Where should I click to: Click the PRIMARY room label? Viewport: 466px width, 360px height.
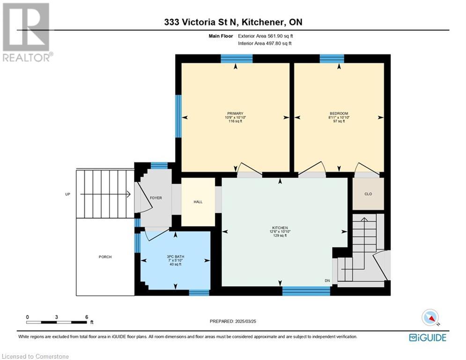pyautogui.click(x=235, y=113)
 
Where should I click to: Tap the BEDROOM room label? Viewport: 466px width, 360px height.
pyautogui.click(x=339, y=113)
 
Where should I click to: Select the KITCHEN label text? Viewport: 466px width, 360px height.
pyautogui.click(x=280, y=228)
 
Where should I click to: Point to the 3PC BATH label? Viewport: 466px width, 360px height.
pyautogui.click(x=175, y=256)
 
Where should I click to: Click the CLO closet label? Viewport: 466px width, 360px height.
pyautogui.click(x=368, y=194)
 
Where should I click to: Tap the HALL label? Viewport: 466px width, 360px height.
pyautogui.click(x=198, y=202)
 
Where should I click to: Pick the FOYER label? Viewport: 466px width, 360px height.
pyautogui.click(x=156, y=198)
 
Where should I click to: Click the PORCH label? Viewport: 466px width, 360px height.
pyautogui.click(x=105, y=257)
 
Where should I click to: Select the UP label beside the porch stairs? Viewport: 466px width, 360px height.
pyautogui.click(x=68, y=194)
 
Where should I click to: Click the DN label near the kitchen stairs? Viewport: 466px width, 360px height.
pyautogui.click(x=327, y=281)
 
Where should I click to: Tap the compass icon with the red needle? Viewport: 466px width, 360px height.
pyautogui.click(x=430, y=317)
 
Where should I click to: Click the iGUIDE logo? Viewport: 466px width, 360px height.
pyautogui.click(x=428, y=337)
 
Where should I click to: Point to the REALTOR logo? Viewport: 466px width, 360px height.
pyautogui.click(x=27, y=32)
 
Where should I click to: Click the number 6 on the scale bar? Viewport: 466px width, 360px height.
pyautogui.click(x=87, y=317)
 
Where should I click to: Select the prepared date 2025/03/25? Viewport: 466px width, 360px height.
pyautogui.click(x=245, y=321)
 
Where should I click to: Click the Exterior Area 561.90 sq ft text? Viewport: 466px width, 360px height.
pyautogui.click(x=266, y=36)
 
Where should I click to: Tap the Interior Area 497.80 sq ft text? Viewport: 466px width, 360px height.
pyautogui.click(x=265, y=43)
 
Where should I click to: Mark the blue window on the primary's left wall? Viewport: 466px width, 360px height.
pyautogui.click(x=178, y=116)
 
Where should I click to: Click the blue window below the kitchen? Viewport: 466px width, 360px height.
pyautogui.click(x=306, y=291)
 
